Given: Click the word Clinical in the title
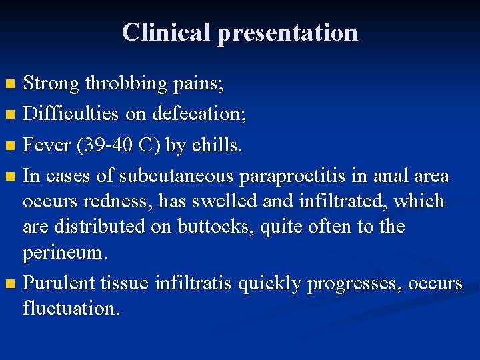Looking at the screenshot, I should pos(167,32).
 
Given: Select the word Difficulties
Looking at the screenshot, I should pos(65,113).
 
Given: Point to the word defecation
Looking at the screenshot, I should pos(199,113).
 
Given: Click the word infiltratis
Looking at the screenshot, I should pos(193,284).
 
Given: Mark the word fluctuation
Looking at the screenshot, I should pos(71,309).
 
